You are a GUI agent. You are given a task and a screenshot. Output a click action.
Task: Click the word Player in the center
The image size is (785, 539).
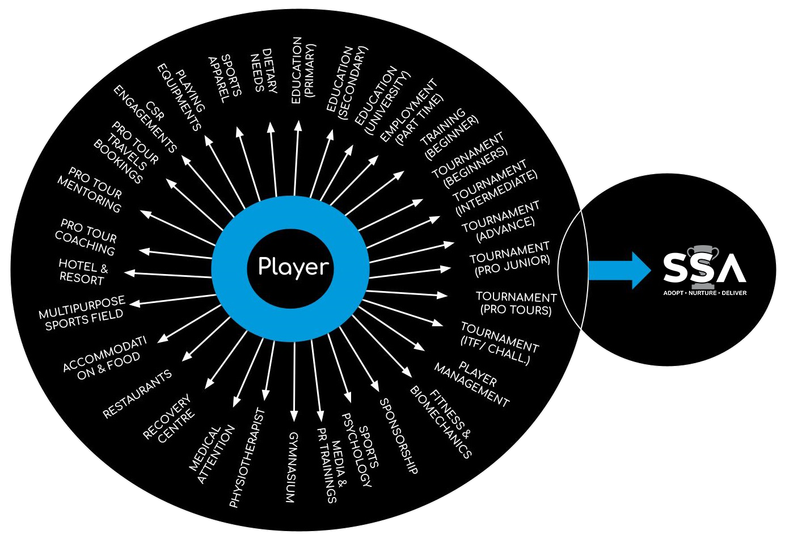coord(293,266)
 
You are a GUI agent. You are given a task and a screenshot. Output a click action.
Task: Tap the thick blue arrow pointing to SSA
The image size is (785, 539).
coord(619,269)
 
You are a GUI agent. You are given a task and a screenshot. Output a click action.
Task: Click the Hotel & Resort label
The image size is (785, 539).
coord(83,272)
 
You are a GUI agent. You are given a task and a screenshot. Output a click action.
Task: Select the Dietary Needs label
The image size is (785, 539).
coord(264,71)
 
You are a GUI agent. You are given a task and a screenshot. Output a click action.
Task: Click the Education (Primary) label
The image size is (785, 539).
coord(303,70)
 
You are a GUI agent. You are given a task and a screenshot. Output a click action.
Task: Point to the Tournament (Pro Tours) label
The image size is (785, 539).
coord(516,304)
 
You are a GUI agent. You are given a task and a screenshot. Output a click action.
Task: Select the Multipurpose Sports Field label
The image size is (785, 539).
coord(82,313)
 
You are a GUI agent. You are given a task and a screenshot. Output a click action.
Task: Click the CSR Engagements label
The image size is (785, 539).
coord(145,119)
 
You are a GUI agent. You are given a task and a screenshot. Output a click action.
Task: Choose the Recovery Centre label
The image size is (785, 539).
coord(168,419)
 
